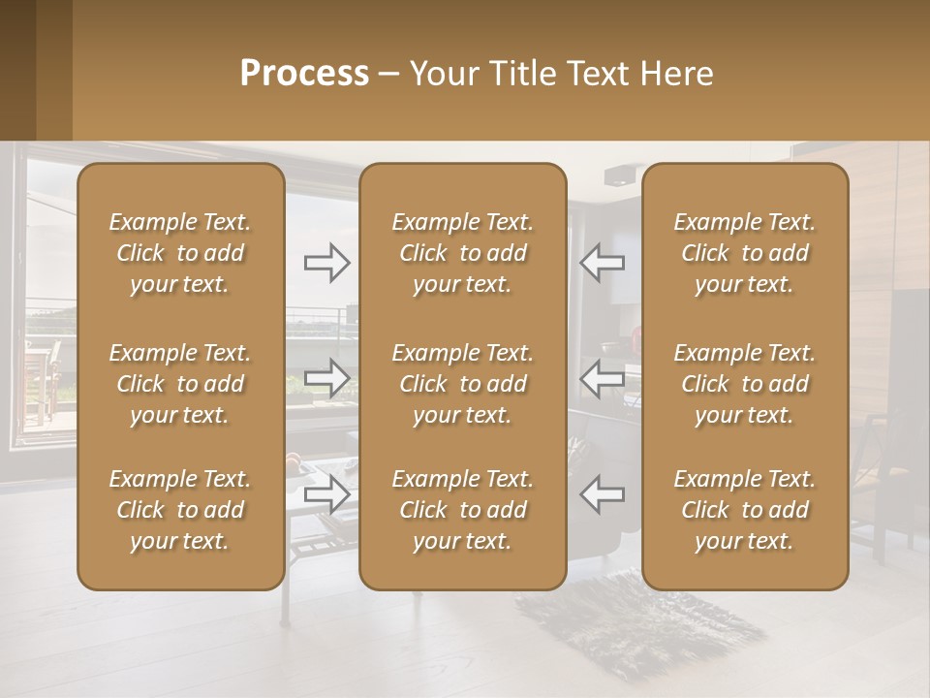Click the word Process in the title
click(x=304, y=74)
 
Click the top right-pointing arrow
click(x=326, y=263)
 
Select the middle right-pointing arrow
click(x=326, y=378)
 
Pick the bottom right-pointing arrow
click(x=326, y=494)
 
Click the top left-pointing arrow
click(x=602, y=263)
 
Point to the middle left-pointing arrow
click(x=602, y=378)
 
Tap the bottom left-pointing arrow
click(x=602, y=494)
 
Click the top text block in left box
click(x=180, y=253)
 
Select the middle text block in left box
click(x=180, y=384)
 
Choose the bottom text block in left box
click(x=180, y=510)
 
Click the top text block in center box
click(x=462, y=253)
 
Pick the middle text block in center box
click(x=462, y=384)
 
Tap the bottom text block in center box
click(x=462, y=510)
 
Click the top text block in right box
click(x=744, y=253)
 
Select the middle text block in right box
click(x=744, y=384)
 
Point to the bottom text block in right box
click(x=744, y=510)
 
